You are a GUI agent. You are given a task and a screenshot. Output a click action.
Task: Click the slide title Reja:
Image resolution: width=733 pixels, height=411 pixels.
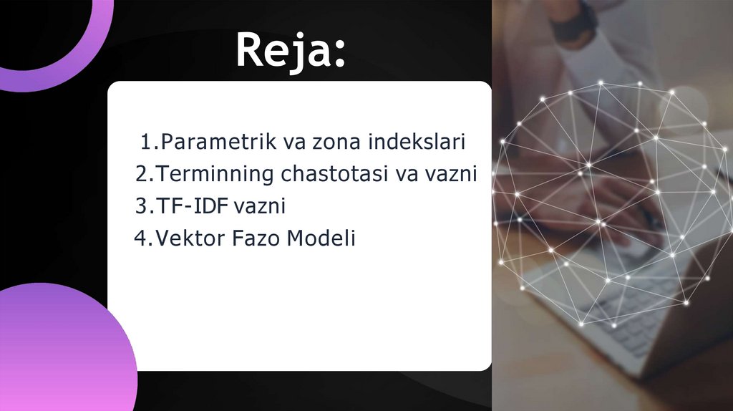pos(291,50)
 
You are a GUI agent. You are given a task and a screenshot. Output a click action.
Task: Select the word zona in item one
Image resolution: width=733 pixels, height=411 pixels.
pos(336,142)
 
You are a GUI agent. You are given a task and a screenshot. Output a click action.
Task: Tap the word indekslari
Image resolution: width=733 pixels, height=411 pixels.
pos(417,142)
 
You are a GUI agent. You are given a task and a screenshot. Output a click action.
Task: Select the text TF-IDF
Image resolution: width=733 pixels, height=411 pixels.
pos(191,206)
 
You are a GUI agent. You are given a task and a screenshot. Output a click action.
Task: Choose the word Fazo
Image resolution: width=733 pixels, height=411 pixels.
pos(257,238)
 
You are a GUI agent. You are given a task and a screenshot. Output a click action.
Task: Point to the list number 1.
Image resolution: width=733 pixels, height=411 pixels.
pos(146,142)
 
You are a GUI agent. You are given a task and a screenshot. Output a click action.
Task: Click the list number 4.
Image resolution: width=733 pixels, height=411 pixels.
pos(140,238)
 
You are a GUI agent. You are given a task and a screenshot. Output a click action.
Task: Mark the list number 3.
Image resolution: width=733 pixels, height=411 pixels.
pos(140,206)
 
